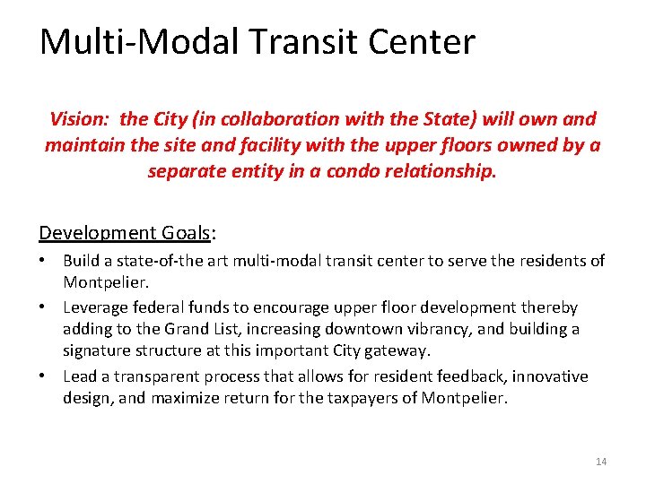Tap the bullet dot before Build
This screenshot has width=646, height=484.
[44, 261]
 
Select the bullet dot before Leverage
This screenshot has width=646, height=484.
[44, 307]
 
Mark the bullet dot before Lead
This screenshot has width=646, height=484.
[44, 376]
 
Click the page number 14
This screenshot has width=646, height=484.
[601, 462]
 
